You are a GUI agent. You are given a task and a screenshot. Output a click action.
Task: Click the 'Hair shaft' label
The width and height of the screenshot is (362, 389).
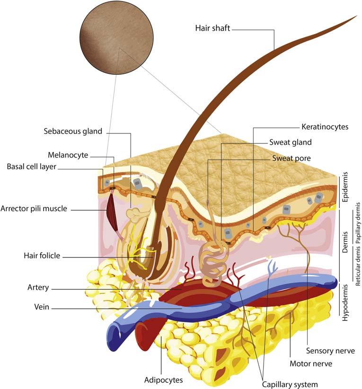pos(212,28)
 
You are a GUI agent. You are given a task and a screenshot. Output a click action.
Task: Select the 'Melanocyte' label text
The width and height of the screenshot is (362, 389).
pos(68,155)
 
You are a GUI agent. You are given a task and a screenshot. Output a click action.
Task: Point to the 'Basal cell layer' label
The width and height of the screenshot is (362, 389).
pos(35,167)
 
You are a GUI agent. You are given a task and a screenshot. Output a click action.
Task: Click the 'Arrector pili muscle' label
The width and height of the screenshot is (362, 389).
pos(40,208)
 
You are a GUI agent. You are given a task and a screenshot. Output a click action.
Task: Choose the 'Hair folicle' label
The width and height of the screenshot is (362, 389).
pos(42,256)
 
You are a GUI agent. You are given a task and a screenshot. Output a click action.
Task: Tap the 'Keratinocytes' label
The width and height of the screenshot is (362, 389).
pos(325,127)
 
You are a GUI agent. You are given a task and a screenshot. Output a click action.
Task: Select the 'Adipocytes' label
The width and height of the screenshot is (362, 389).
pos(163,380)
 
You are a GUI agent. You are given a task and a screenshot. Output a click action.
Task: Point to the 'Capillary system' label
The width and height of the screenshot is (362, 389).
pos(290,384)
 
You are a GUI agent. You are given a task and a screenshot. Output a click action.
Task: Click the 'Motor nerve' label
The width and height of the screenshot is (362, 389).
pos(310,363)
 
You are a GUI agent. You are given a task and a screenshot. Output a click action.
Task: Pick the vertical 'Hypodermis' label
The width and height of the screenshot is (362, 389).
pos(344,303)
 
